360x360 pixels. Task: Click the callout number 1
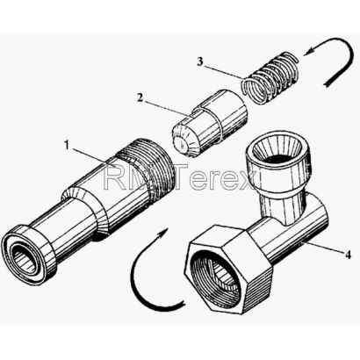point(67,145)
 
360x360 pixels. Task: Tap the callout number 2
point(140,97)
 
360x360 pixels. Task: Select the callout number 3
point(199,61)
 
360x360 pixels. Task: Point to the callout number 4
point(348,255)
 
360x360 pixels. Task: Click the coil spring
point(270,77)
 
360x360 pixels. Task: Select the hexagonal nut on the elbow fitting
point(229,270)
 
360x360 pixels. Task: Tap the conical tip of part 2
point(184,140)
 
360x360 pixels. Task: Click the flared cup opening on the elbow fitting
point(277,155)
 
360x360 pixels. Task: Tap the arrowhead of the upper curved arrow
point(308,50)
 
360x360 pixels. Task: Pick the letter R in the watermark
point(115,176)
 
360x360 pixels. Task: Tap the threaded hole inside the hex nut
point(217,274)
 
